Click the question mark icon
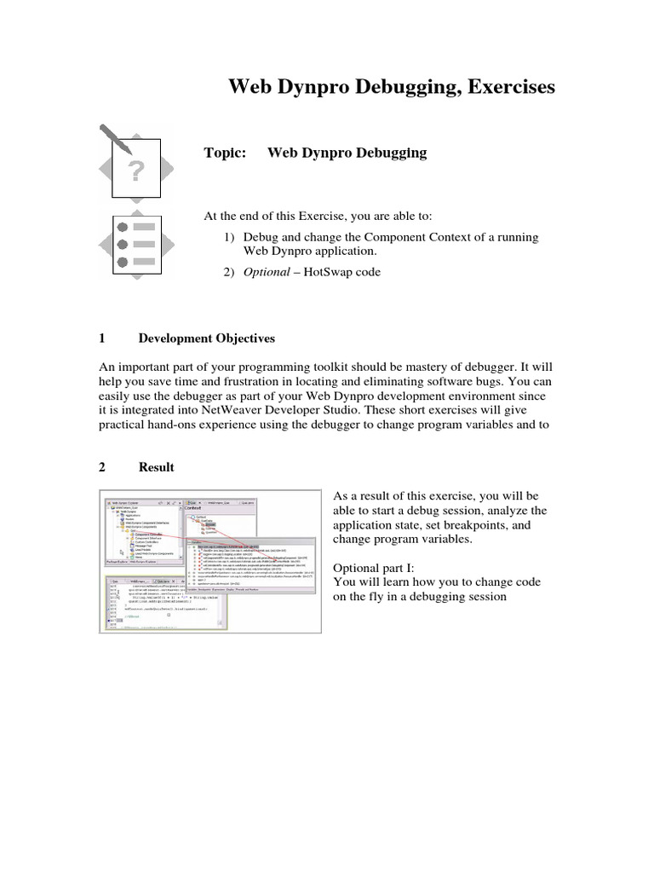(136, 171)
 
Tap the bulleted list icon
(135, 245)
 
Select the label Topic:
(225, 153)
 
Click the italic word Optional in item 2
(267, 272)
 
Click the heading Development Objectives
(207, 338)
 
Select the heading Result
(157, 467)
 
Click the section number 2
(102, 467)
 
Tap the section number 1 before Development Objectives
(102, 338)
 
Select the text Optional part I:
(373, 567)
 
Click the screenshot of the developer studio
(210, 561)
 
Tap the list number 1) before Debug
(229, 237)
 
